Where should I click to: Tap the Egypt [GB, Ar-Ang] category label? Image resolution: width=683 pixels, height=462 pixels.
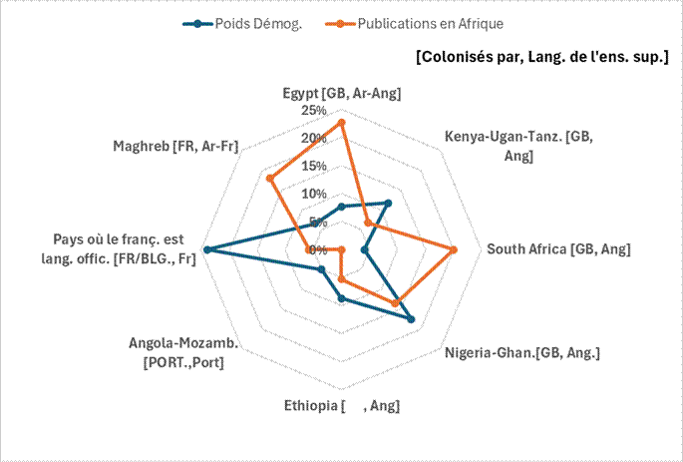point(342,94)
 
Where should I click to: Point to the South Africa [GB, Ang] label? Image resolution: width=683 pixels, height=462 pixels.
point(558,249)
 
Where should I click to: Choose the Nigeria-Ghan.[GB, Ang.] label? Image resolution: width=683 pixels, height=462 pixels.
point(522,352)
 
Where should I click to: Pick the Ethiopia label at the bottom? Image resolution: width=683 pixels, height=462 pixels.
point(342,405)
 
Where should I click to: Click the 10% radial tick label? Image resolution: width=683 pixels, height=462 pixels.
point(315,194)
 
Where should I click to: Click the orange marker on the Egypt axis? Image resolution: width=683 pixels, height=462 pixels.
point(342,123)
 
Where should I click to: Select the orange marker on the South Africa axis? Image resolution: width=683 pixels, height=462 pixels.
point(454,249)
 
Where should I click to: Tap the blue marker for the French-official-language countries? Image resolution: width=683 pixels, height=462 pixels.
point(206,249)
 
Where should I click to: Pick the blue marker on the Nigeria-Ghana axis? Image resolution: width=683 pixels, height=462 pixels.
point(411,319)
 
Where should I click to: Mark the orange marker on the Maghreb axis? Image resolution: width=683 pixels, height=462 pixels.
point(270,179)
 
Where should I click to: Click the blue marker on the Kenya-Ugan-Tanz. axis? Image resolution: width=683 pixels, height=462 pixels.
point(388,204)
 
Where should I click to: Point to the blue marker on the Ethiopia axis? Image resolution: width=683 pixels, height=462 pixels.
point(342,298)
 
